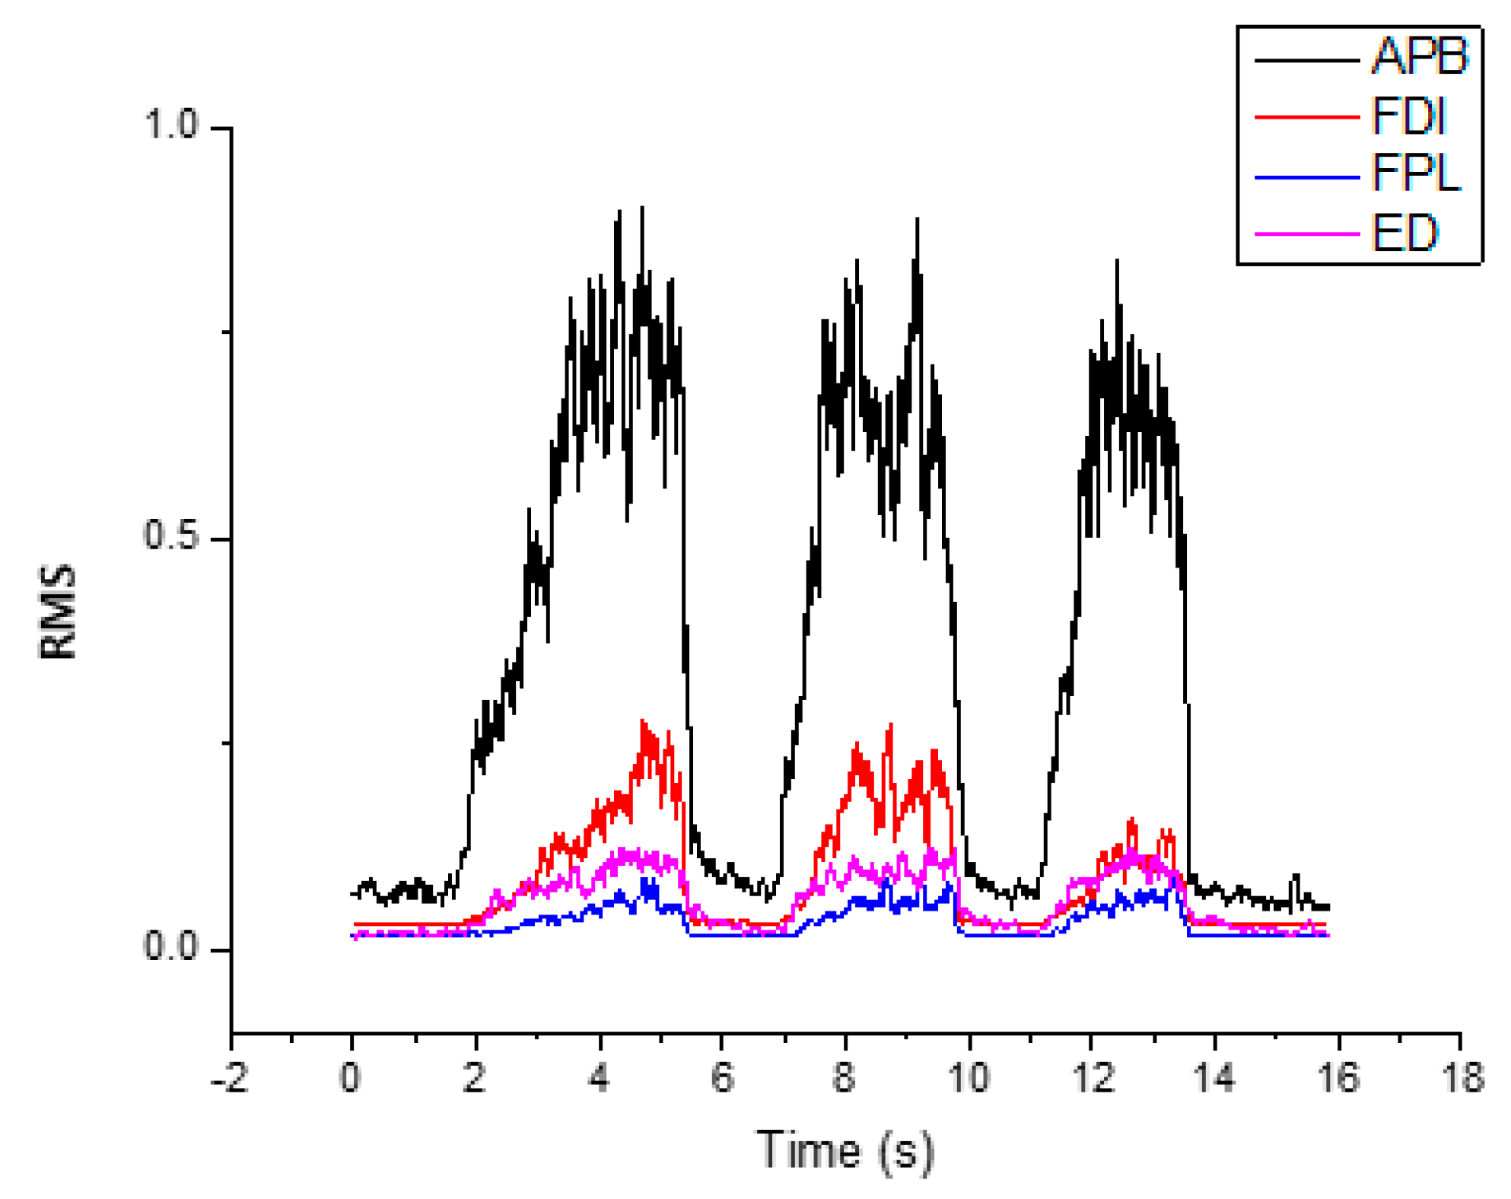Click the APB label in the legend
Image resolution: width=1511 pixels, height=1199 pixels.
pos(1419,57)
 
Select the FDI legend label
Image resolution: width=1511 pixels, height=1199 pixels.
pos(1408,116)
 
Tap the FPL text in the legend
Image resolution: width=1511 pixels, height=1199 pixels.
pos(1415,173)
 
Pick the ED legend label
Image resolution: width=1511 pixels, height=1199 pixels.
pos(1404,233)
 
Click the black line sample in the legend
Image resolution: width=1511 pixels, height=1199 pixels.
pos(1306,60)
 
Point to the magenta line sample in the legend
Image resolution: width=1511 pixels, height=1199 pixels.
pos(1306,234)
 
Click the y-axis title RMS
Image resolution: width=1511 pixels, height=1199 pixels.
pos(58,611)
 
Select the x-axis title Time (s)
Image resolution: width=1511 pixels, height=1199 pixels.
pos(845,1150)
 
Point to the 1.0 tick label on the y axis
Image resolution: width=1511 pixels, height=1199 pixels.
pos(170,126)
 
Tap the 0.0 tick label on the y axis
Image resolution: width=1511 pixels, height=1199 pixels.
pos(170,947)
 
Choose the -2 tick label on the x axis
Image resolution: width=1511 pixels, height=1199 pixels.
pos(230,1078)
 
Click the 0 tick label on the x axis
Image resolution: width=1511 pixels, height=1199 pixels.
pos(351,1078)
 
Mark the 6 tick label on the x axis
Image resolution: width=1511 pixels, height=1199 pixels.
pos(722,1078)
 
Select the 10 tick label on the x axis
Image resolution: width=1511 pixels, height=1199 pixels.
pos(969,1078)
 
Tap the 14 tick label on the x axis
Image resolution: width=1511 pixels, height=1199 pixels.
pos(1214,1078)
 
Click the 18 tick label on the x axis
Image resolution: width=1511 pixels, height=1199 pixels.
pos(1461,1078)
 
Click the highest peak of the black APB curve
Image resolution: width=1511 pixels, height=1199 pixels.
pos(642,208)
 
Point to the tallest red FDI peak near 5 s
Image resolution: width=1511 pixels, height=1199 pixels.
pos(644,721)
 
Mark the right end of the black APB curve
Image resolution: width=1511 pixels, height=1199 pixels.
pos(1328,907)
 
